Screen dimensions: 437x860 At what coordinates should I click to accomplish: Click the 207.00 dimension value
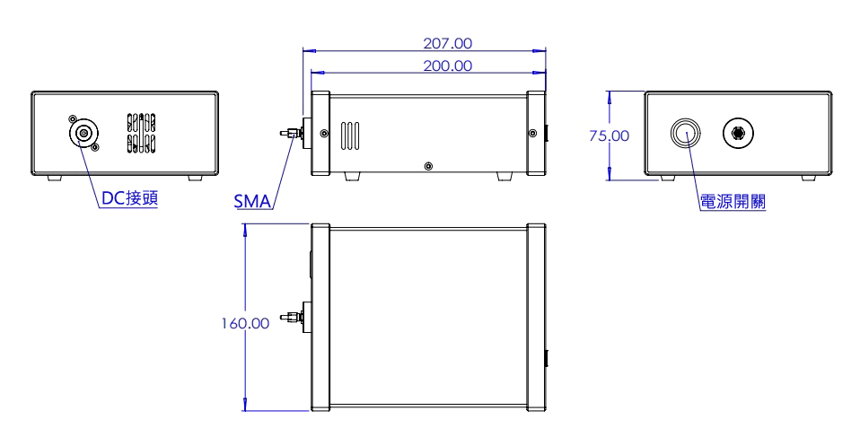[447, 42]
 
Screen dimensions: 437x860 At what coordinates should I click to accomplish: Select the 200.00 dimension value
[447, 66]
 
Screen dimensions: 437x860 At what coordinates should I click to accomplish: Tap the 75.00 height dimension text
[610, 135]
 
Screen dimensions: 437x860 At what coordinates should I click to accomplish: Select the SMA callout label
[252, 201]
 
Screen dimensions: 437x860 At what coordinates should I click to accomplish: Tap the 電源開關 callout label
[733, 201]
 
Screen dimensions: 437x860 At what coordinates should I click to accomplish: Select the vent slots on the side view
[351, 135]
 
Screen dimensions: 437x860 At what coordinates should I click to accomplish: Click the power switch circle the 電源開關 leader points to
[684, 135]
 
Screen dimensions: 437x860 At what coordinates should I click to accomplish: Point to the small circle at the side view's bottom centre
[428, 167]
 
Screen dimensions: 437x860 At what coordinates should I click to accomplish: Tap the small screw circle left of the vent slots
[321, 135]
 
